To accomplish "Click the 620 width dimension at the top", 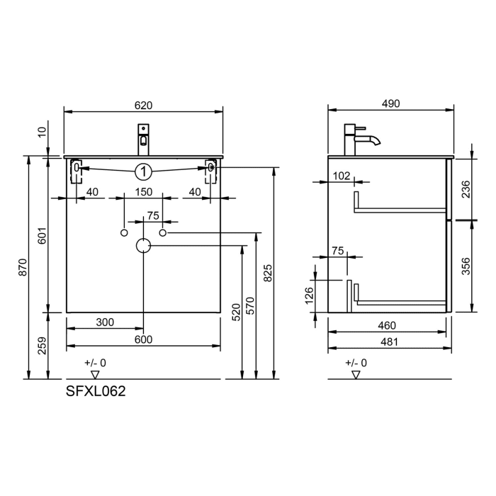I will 143,105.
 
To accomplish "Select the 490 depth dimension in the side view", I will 390,103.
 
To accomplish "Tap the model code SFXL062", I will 96,390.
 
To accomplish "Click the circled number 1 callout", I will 143,171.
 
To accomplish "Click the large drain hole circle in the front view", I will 143,245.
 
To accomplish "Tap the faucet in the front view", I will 143,139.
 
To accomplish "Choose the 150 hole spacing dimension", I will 143,192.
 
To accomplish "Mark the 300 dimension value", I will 104,322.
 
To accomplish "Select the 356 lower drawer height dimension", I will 466,266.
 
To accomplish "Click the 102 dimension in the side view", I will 342,176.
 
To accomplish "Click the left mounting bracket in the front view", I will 77,170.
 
